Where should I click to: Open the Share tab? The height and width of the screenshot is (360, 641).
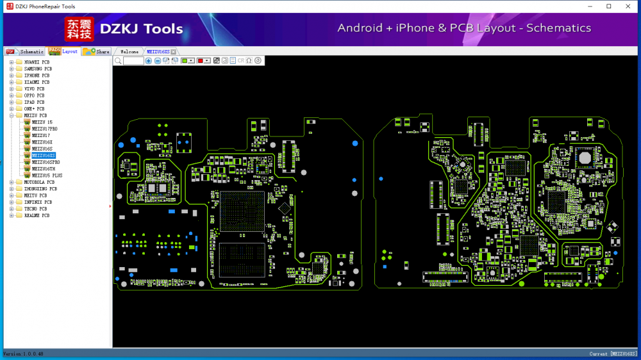[97, 51]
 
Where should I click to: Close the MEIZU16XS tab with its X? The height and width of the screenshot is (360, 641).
[173, 52]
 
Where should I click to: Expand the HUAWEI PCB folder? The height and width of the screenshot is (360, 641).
[12, 62]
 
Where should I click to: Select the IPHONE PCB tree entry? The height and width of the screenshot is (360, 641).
[37, 76]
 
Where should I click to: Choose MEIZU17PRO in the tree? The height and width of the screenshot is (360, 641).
[45, 129]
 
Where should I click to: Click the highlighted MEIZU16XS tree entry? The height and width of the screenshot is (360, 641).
[44, 155]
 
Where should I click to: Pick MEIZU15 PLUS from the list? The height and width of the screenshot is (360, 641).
[47, 175]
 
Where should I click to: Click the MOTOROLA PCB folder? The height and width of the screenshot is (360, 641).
[40, 182]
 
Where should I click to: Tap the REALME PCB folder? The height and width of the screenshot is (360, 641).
[37, 215]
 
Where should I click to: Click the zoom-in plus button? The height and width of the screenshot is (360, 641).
[149, 60]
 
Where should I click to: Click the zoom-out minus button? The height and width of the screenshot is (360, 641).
[158, 60]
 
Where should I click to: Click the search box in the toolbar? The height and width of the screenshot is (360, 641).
[133, 60]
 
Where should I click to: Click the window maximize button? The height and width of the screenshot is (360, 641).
[608, 6]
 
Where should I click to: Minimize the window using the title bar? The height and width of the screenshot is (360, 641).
[590, 6]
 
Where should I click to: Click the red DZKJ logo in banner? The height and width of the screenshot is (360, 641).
[79, 29]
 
